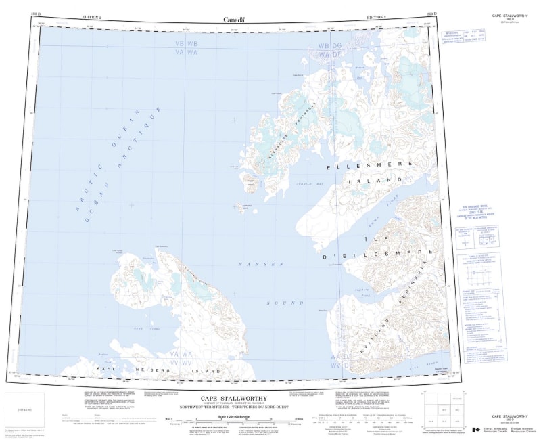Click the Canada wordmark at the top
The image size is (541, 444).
point(233,19)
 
